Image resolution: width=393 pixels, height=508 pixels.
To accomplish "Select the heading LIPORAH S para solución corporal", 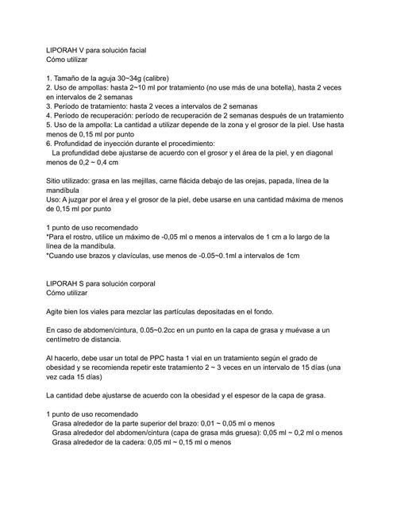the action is click(102, 283).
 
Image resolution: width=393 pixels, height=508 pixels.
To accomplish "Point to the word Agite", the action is click(56, 310).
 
